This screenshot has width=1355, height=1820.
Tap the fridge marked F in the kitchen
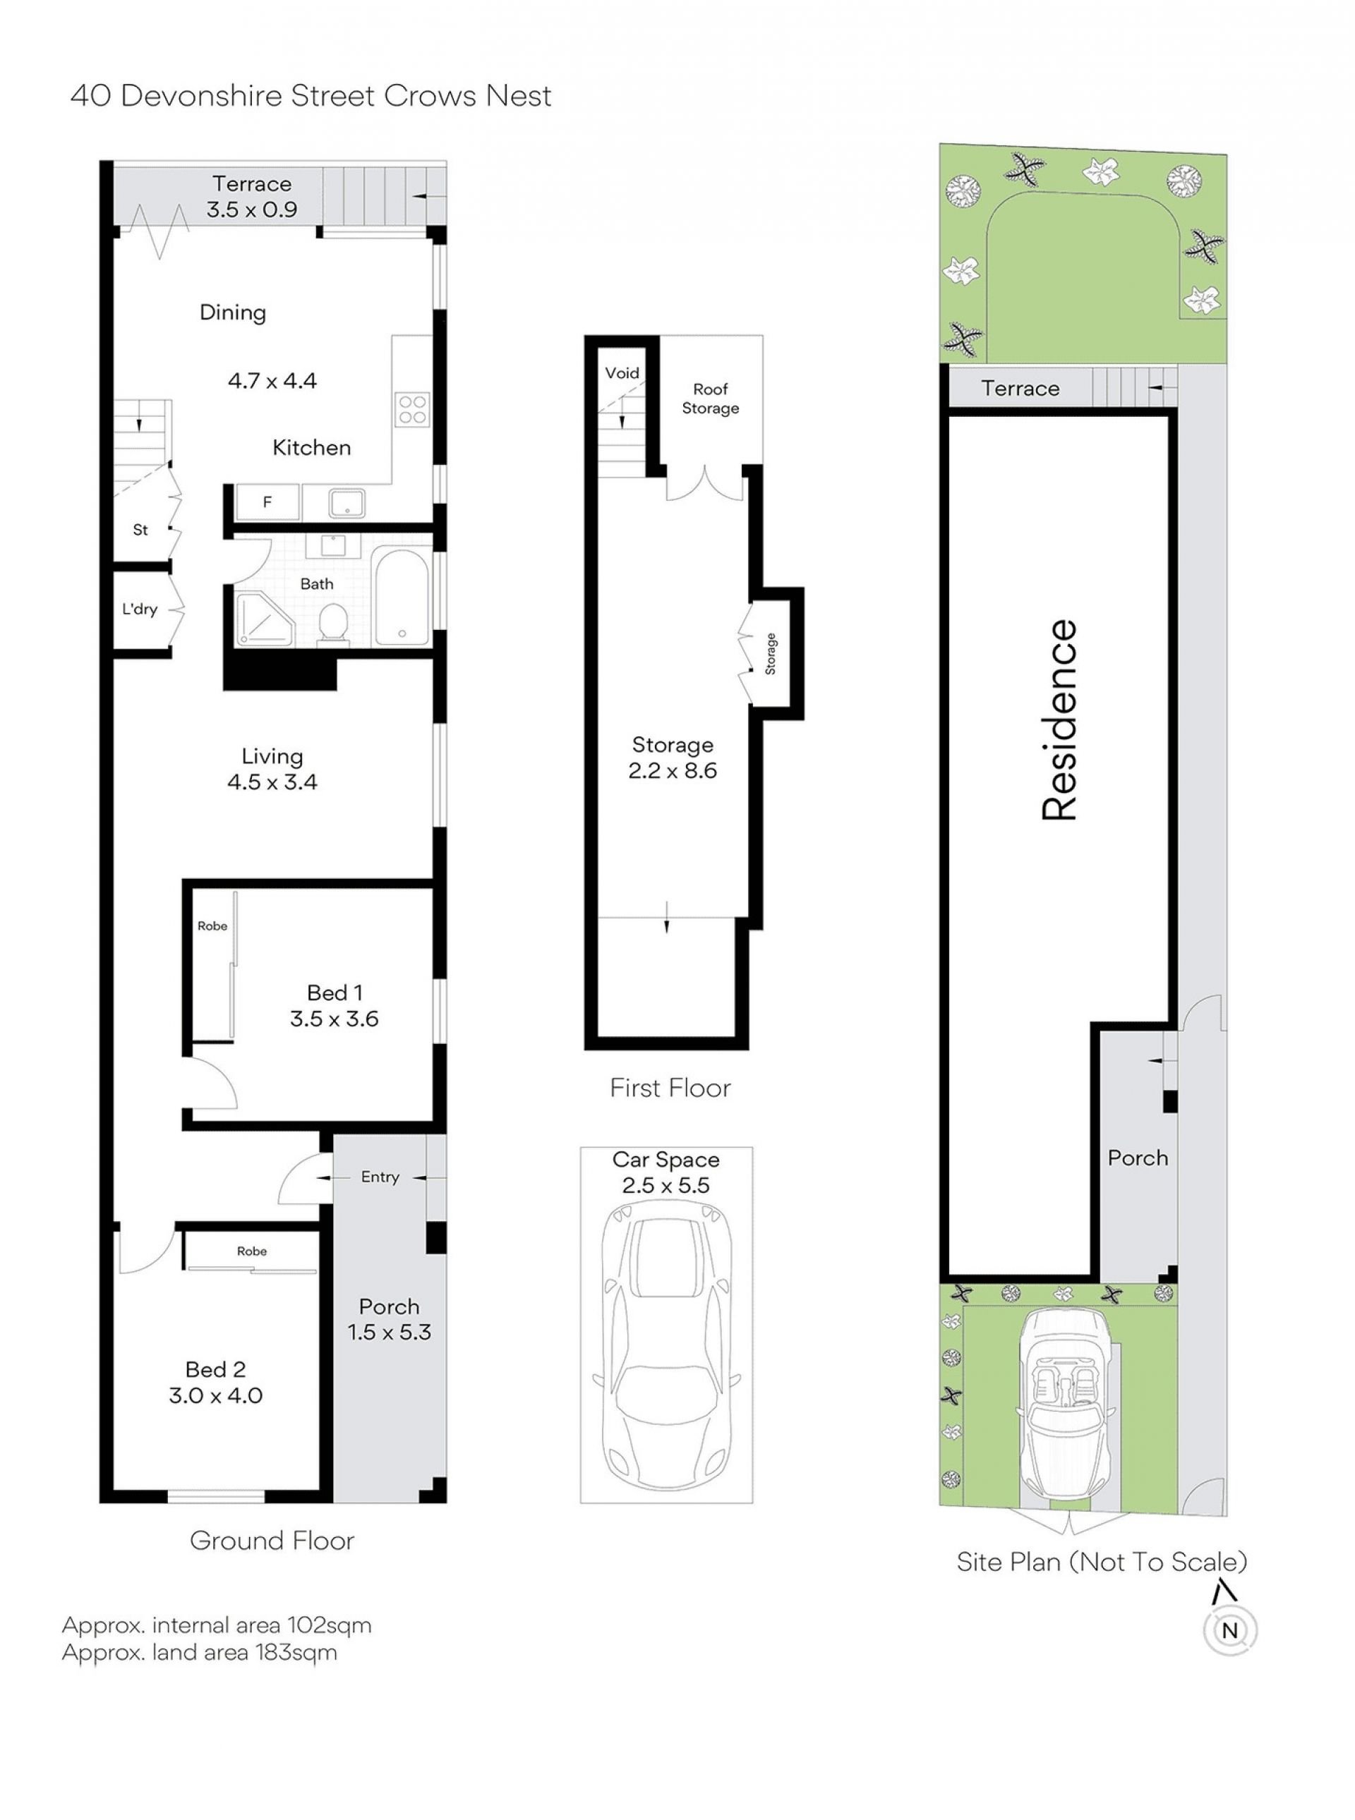[x=267, y=502]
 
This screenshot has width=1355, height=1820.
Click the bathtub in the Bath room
[x=401, y=597]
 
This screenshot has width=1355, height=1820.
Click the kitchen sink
[x=348, y=502]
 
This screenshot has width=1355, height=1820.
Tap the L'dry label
[x=140, y=609]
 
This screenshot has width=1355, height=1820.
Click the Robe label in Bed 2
[x=252, y=1251]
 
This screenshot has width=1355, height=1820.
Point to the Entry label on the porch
[x=380, y=1177]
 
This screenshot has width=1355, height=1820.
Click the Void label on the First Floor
[x=622, y=373]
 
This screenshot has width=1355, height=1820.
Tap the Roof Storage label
[x=710, y=399]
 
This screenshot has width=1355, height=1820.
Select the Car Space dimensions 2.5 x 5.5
[x=666, y=1184]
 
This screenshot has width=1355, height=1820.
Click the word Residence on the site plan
[x=1059, y=720]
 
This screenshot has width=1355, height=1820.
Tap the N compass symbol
[x=1229, y=1631]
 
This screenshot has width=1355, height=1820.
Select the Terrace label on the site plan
[x=1020, y=388]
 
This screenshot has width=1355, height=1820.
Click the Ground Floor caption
[x=272, y=1541]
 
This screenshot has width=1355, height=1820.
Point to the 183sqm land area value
[x=303, y=1652]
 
